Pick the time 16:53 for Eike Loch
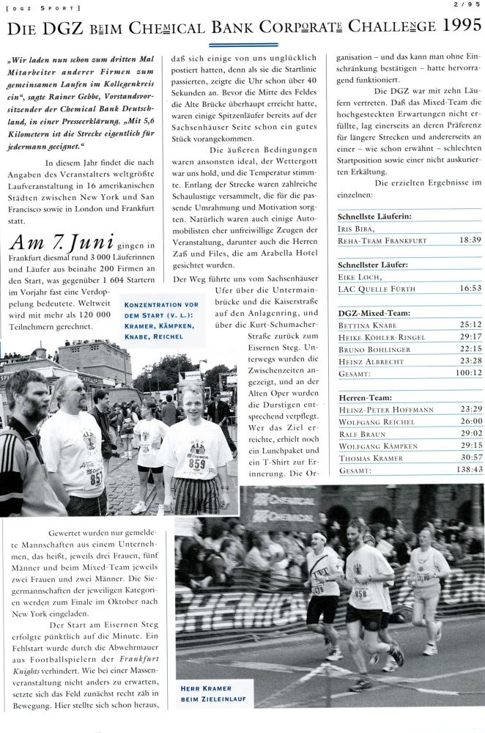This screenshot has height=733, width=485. coord(469,289)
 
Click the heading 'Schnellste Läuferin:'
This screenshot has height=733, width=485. coord(374,217)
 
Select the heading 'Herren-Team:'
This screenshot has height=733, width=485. coord(364,397)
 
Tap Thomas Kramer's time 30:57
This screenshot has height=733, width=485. coord(469,454)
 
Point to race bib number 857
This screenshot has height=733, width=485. coord(96,478)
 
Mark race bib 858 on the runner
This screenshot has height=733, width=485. coord(360,594)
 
